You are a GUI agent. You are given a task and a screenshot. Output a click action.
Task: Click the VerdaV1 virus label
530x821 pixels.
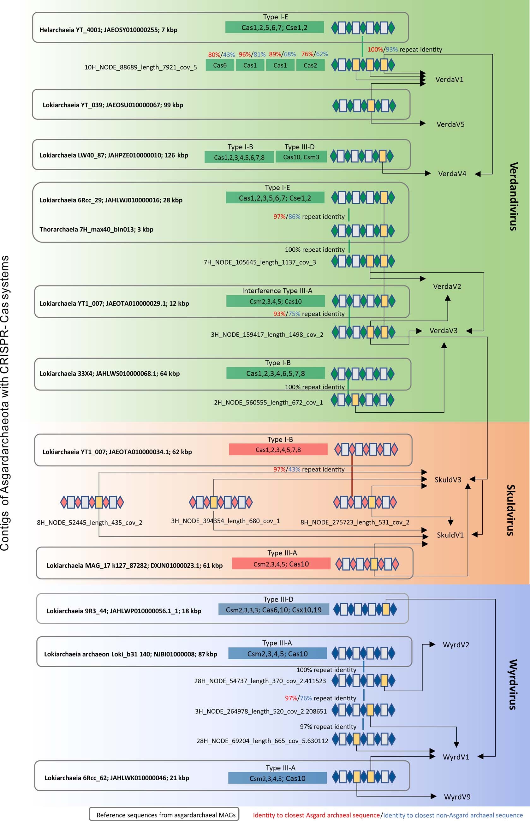[449, 80]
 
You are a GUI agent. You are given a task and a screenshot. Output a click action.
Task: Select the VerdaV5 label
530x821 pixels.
[450, 124]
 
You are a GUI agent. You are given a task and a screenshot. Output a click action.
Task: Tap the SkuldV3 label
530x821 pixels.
[448, 480]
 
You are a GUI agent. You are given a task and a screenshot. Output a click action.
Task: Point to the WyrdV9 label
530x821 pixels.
[457, 797]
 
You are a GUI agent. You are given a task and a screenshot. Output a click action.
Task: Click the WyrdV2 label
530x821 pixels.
[456, 644]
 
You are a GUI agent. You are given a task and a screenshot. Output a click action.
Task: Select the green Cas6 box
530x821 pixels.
[220, 65]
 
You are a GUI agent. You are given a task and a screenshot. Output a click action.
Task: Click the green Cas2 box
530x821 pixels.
[310, 65]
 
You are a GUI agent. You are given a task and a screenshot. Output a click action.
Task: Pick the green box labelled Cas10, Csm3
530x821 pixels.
[301, 157]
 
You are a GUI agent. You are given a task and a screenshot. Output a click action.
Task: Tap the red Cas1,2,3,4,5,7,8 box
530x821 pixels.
[278, 450]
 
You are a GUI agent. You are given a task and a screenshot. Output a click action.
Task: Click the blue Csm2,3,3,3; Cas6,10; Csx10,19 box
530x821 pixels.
[274, 610]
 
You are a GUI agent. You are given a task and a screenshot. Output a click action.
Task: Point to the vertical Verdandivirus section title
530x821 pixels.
[513, 196]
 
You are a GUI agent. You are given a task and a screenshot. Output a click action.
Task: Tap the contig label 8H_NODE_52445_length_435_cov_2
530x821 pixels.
[89, 523]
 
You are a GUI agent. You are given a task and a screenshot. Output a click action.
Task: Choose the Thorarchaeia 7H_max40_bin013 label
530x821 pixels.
[96, 229]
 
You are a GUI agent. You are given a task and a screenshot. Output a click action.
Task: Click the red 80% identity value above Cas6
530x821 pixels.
[214, 55]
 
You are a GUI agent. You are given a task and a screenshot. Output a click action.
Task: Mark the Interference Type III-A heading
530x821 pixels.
[277, 291]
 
